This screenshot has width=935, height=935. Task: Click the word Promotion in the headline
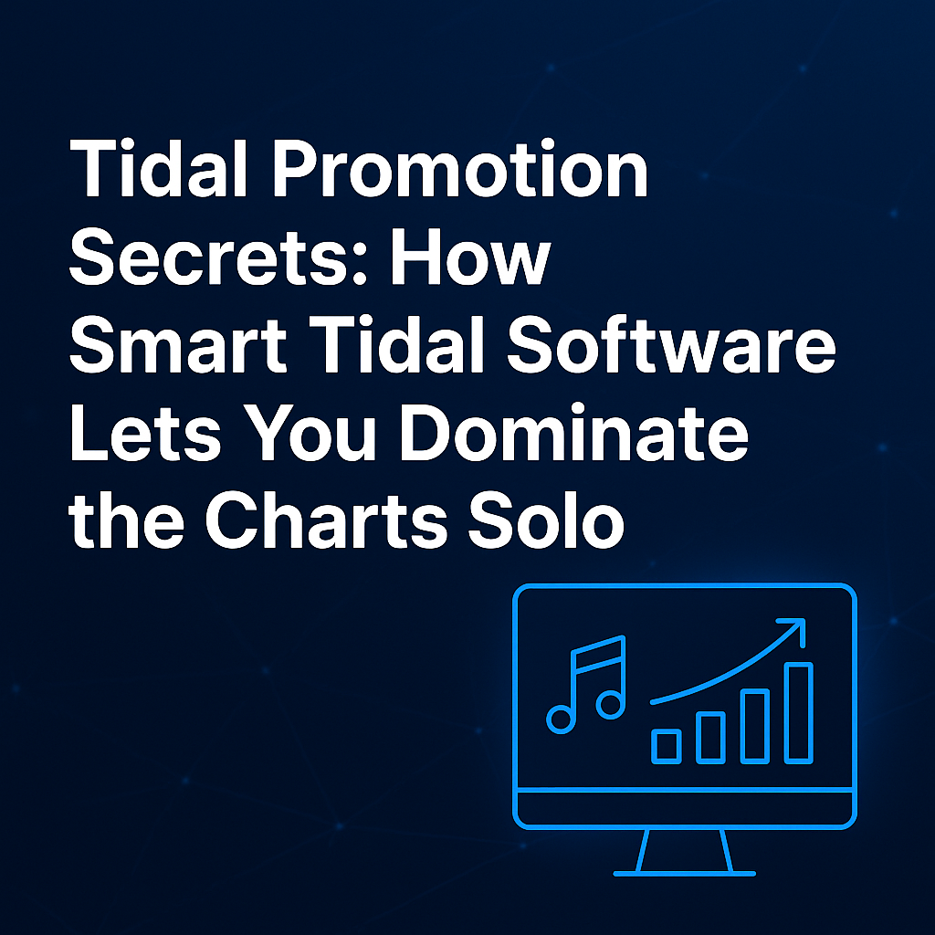[x=460, y=168]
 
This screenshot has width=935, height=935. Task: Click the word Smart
[x=178, y=345]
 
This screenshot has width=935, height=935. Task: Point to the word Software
[x=671, y=344]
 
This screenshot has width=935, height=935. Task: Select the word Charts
[x=326, y=520]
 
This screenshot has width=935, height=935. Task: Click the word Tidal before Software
[x=396, y=345]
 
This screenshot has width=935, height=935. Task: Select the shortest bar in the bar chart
[x=666, y=746]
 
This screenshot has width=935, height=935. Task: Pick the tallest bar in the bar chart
[x=798, y=712]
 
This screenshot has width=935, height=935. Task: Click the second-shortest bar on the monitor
[x=710, y=738]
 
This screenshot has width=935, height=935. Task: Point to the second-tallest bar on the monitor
[x=754, y=726]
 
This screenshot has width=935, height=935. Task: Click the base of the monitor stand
[x=685, y=874]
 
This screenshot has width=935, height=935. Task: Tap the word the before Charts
[x=126, y=520]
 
